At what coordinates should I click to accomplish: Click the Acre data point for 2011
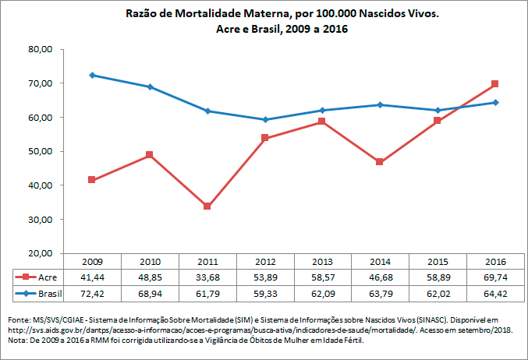[207, 206]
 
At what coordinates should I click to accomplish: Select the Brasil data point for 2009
[92, 75]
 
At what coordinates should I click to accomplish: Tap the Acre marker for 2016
[494, 83]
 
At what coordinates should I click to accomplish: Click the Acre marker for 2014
[380, 162]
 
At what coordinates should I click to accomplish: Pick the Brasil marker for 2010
[150, 86]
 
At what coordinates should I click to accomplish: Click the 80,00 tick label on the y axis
[40, 49]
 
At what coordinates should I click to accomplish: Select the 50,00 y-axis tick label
[40, 151]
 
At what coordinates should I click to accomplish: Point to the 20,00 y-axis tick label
[40, 253]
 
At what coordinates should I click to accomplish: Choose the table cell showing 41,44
[92, 277]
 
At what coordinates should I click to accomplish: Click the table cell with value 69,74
[494, 277]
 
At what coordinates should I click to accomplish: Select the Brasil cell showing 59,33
[264, 294]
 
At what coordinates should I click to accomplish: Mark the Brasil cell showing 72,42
[92, 294]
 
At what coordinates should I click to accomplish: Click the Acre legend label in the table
[48, 277]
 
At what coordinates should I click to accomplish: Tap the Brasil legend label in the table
[50, 294]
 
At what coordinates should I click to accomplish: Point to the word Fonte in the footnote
[18, 320]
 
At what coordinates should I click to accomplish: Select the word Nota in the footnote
[16, 341]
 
